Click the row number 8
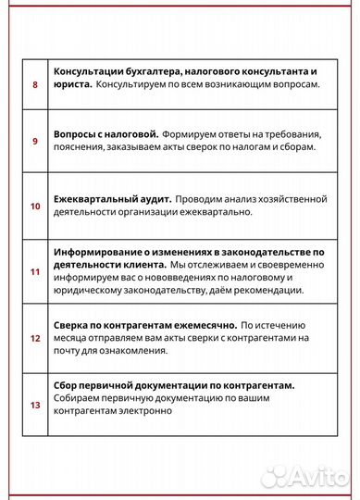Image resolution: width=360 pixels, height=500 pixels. tap(35, 84)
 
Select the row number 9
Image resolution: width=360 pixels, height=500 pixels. tap(35, 141)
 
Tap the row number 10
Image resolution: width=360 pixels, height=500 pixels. tap(35, 206)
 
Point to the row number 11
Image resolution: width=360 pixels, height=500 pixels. tap(35, 271)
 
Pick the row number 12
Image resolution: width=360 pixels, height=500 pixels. tap(35, 339)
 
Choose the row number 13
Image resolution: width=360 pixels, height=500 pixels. tap(35, 405)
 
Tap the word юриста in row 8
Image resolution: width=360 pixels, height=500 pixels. tap(72, 84)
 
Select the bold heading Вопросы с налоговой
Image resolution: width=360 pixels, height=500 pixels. tap(106, 134)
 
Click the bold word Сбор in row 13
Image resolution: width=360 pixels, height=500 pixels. tap(67, 384)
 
